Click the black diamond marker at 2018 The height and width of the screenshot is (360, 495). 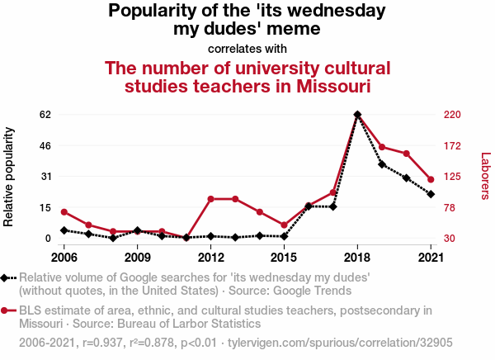357,115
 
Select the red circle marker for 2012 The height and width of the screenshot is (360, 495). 211,199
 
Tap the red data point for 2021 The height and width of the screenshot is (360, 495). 431,179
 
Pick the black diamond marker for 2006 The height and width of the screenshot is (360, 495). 64,230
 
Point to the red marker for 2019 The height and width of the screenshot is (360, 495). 382,147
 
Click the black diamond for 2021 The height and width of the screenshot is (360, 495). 431,194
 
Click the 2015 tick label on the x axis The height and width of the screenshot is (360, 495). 284,255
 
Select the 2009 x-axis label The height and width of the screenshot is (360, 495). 137,255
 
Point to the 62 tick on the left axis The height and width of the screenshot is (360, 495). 45,115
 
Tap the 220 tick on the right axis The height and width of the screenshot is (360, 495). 453,115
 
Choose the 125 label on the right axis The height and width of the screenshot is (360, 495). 453,177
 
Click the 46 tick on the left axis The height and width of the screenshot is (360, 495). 45,145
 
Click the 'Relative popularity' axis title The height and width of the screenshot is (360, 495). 10,177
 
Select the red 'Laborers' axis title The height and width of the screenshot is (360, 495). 485,176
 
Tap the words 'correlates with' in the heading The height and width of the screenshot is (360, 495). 247,48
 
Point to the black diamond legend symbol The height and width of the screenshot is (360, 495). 6,278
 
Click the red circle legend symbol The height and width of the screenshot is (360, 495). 6,310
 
